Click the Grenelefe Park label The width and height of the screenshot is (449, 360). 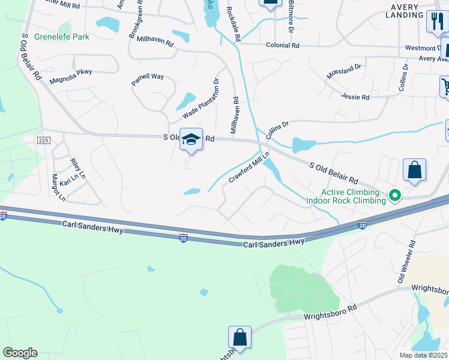point(62,37)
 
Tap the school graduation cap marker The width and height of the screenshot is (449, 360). point(191,140)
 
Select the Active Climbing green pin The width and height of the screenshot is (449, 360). point(395,195)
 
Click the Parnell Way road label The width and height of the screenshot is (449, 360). point(148,79)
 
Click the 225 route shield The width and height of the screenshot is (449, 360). point(43,140)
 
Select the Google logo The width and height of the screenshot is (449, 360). point(20,353)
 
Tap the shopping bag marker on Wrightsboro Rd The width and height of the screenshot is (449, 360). point(240,338)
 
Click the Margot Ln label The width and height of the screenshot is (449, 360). point(58,187)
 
